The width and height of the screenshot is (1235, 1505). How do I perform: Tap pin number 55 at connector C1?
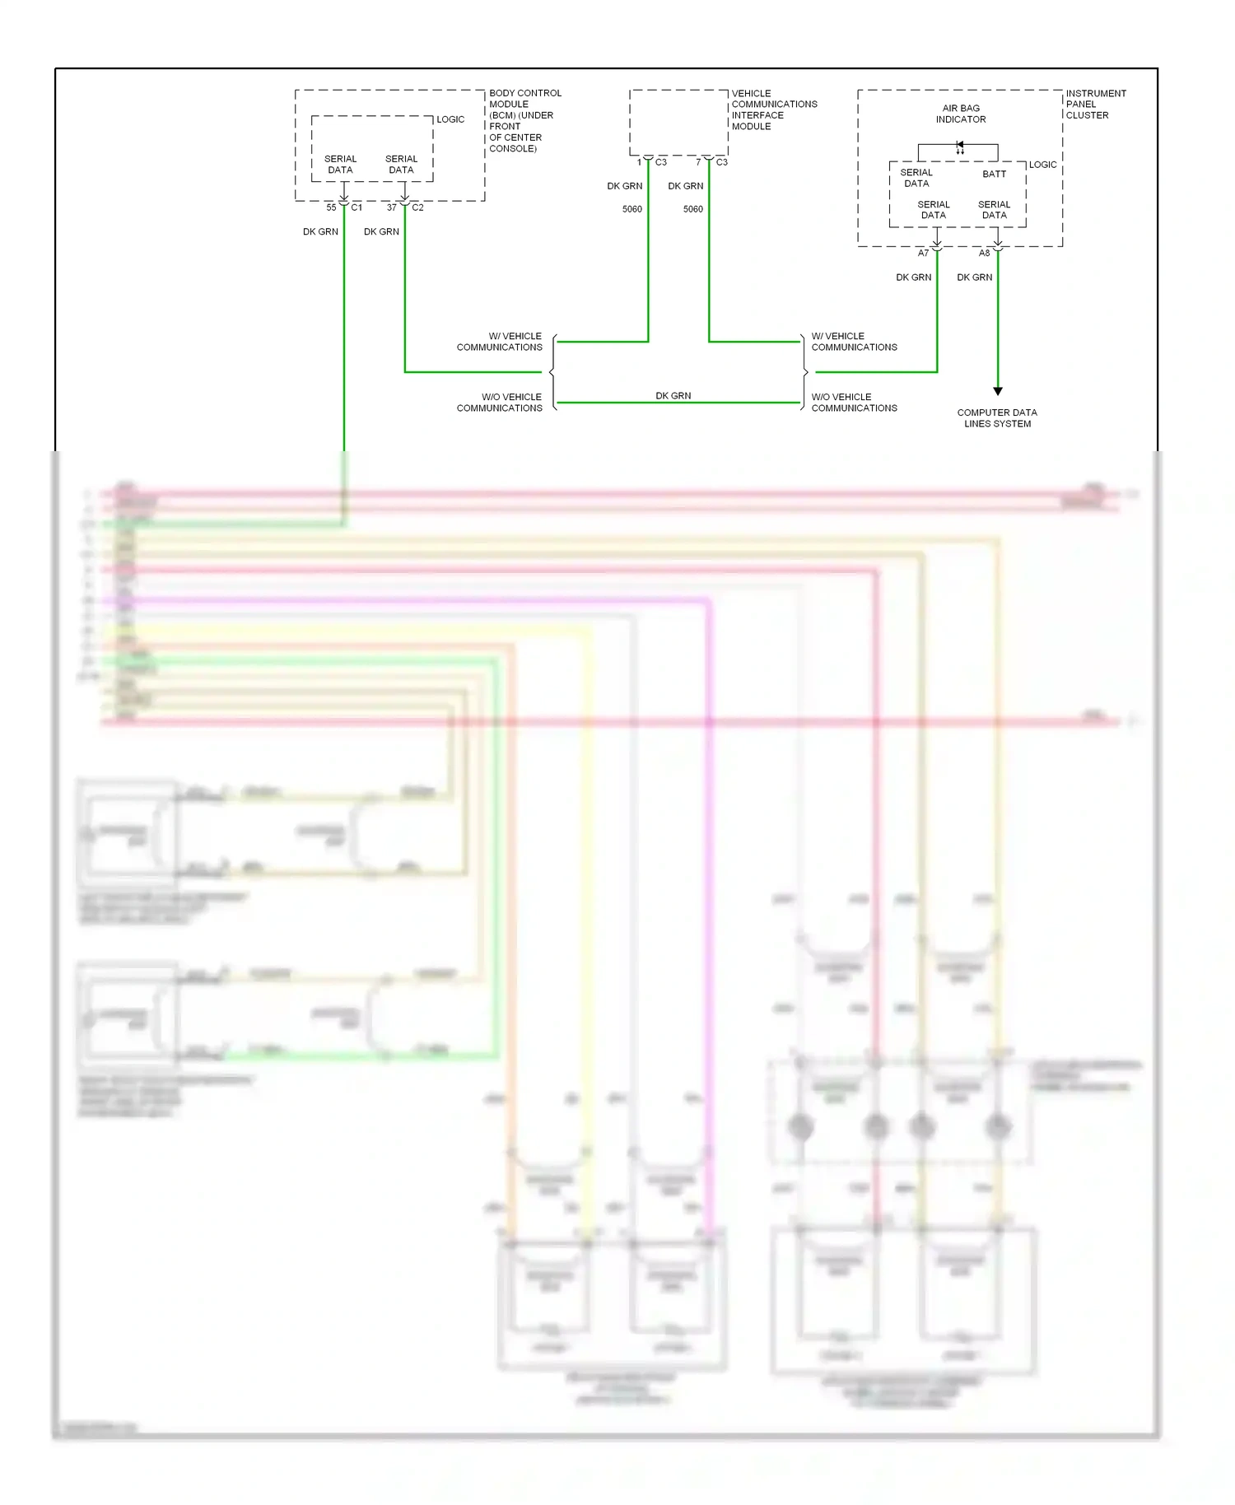coord(331,207)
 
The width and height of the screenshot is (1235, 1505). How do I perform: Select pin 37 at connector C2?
coord(392,207)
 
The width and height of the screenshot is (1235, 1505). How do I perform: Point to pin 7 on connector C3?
coord(698,162)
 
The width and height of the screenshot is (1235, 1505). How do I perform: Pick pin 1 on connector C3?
coord(639,162)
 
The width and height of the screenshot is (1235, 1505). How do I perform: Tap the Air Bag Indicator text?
coord(961,114)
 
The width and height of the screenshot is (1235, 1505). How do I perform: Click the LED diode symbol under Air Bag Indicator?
coord(960,146)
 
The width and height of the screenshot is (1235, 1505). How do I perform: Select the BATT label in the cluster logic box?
coord(994,174)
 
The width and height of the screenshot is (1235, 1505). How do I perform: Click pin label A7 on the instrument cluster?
coord(923,254)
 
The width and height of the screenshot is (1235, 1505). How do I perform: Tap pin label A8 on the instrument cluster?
coord(984,254)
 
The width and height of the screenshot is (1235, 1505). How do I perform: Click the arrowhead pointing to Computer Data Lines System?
coord(998,391)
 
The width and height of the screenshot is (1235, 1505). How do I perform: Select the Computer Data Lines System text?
coord(997,418)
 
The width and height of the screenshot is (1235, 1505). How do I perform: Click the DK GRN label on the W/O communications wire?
coord(673,396)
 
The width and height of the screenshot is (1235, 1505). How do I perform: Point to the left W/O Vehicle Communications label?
coord(500,403)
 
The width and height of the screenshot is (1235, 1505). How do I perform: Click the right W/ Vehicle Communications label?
coord(854,342)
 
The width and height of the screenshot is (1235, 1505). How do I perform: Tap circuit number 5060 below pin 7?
coord(693,209)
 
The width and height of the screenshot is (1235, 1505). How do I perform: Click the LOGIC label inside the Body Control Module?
coord(450,119)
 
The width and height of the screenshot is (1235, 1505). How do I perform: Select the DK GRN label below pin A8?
coord(974,277)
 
